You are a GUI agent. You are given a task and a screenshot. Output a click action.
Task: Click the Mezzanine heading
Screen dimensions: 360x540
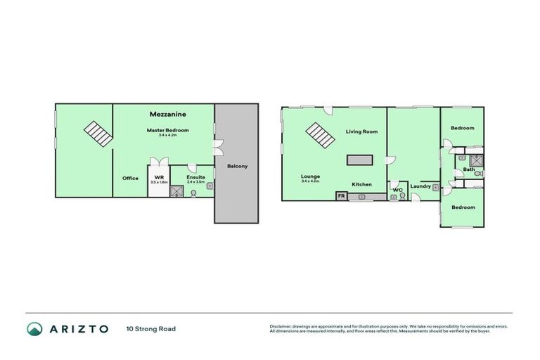tap(167, 113)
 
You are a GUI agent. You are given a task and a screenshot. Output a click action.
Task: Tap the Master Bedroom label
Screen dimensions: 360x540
tap(167, 130)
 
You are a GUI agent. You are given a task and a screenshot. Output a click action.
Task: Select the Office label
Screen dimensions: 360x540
tap(130, 178)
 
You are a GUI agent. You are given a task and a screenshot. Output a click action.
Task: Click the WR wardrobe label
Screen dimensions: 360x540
tap(159, 177)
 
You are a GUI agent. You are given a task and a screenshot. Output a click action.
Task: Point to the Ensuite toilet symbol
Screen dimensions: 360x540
tap(193, 192)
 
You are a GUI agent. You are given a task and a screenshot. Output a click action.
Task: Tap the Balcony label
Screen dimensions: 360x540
tap(237, 167)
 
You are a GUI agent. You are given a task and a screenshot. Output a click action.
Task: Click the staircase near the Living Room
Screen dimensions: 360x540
tap(320, 134)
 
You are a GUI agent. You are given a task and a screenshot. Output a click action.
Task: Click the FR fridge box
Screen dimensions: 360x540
tap(342, 196)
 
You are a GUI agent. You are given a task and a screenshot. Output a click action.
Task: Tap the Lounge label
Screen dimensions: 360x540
tap(310, 176)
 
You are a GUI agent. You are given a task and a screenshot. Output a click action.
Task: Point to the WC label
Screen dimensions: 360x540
tap(397, 189)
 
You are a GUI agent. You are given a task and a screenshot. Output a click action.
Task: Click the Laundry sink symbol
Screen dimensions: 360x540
tap(436, 188)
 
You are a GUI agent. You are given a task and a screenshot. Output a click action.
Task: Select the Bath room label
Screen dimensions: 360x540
tap(468, 169)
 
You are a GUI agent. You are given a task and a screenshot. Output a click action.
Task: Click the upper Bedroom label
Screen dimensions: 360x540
tap(462, 128)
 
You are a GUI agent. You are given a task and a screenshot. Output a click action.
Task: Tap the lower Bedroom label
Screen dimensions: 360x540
tap(462, 207)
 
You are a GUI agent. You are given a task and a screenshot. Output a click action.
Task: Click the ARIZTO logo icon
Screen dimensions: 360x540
tap(34, 328)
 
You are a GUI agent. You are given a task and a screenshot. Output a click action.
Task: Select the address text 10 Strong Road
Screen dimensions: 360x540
tap(151, 328)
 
